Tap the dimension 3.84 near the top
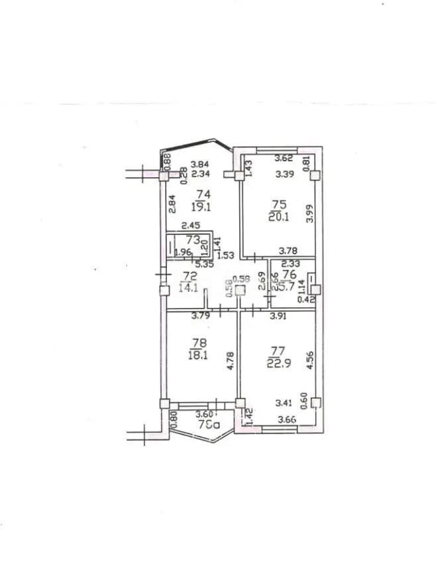(200, 164)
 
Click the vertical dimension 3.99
(311, 214)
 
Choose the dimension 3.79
(201, 317)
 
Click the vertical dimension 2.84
(172, 202)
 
